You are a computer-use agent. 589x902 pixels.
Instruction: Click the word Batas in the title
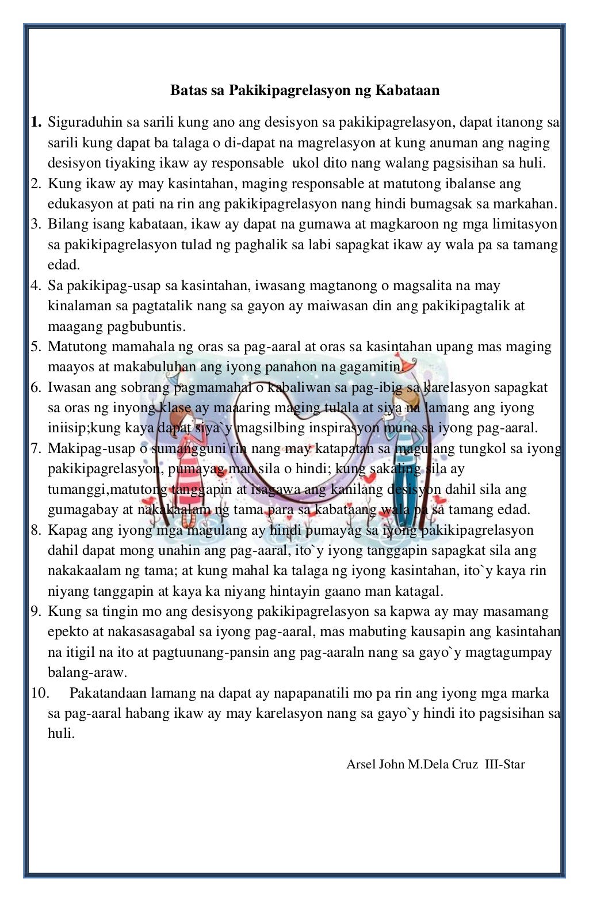pos(186,90)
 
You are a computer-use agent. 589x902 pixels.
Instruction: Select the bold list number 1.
pos(36,122)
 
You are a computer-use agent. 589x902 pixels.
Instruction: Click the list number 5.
pos(36,347)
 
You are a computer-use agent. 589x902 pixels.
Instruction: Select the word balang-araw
pos(87,672)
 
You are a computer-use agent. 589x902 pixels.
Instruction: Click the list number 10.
pos(40,693)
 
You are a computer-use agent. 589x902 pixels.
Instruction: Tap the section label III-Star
pos(505,764)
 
